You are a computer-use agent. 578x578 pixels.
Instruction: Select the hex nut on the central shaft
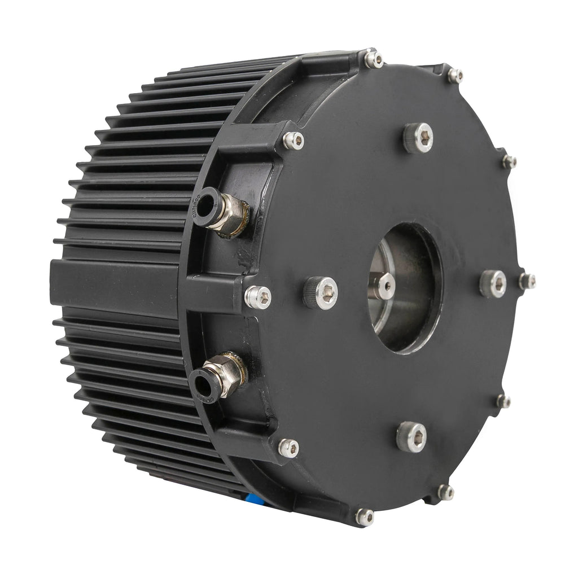tap(386, 285)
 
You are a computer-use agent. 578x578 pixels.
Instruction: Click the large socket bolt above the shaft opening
tap(419, 137)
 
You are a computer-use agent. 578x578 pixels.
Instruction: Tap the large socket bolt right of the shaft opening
tap(493, 283)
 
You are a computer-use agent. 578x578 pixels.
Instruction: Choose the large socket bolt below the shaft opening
tap(411, 436)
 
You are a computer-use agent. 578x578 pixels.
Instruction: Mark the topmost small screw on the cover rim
tap(373, 59)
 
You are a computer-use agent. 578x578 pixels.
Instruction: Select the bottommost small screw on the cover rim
tap(365, 516)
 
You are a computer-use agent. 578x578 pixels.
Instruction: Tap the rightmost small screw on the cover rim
tap(527, 281)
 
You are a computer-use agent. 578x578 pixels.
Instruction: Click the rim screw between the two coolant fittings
tap(258, 297)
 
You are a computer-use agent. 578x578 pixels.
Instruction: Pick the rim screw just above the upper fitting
tap(293, 141)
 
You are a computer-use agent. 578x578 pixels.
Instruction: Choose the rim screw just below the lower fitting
tap(288, 448)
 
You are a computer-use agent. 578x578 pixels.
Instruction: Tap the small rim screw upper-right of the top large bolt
tap(456, 76)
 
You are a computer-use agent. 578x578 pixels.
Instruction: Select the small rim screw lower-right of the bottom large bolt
tap(446, 492)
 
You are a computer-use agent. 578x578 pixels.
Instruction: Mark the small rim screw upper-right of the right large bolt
tap(509, 162)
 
